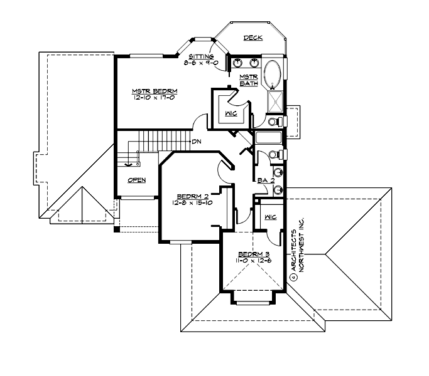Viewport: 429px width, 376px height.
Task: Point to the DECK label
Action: (x=254, y=38)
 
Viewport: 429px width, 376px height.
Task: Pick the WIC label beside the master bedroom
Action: (x=230, y=113)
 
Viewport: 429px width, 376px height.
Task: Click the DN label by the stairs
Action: (x=196, y=142)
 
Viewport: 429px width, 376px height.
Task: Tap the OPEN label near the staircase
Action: (x=136, y=180)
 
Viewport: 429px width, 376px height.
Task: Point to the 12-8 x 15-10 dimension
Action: (x=189, y=202)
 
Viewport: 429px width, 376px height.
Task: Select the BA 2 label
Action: (x=264, y=181)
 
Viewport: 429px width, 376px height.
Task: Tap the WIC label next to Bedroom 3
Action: (x=271, y=217)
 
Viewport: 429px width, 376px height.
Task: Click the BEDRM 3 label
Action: (x=251, y=254)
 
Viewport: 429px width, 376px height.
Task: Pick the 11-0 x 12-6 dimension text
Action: (x=251, y=261)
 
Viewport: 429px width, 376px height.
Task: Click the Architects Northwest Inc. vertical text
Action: (x=296, y=249)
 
